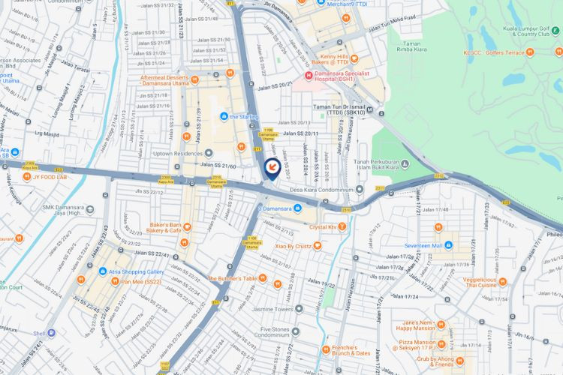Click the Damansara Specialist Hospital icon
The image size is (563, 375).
[308, 76]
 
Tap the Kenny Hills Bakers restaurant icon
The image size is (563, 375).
[354, 58]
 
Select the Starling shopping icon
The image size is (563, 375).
[224, 116]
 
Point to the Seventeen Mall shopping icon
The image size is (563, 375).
[448, 245]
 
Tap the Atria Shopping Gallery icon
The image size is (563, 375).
[102, 271]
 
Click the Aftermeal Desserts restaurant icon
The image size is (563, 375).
[195, 77]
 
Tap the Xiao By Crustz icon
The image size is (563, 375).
[318, 245]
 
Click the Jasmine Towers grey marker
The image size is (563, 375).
[299, 308]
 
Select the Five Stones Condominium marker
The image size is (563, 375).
[296, 330]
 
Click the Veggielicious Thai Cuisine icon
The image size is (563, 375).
[502, 282]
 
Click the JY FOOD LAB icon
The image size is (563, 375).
[26, 177]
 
